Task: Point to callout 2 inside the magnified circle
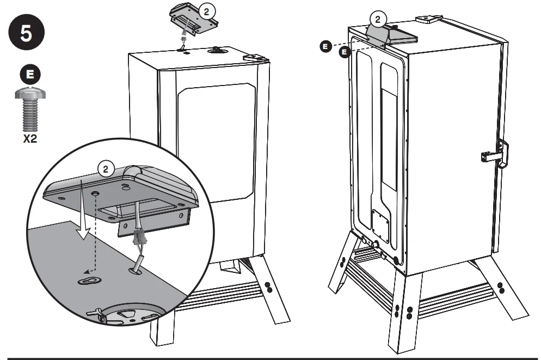[106, 169]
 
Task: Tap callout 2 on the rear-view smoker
[379, 20]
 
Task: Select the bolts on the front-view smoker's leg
[267, 289]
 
